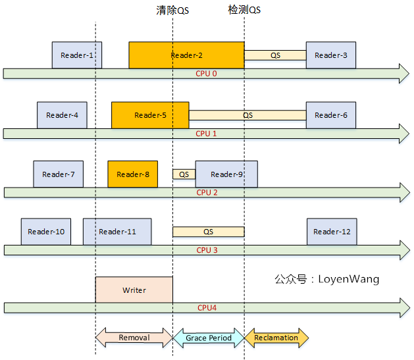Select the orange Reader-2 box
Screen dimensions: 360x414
(x=186, y=55)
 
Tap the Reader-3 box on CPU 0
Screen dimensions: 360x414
(x=331, y=55)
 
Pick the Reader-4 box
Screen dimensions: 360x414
(x=62, y=115)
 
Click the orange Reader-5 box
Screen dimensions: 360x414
(x=150, y=115)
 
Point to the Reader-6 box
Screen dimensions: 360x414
(x=331, y=115)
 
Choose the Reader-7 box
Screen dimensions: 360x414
(x=58, y=174)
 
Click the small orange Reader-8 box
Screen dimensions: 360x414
(x=132, y=174)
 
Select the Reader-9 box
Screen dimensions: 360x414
(x=226, y=174)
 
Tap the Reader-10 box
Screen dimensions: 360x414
(x=45, y=232)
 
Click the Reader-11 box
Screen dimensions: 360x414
(x=117, y=232)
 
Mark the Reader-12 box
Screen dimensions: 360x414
(x=331, y=232)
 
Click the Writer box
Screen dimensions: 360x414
(x=134, y=290)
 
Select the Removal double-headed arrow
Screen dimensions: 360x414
(x=134, y=338)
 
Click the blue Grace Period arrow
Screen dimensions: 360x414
(x=209, y=338)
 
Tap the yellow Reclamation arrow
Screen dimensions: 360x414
(x=276, y=338)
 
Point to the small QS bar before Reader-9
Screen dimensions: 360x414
(x=184, y=174)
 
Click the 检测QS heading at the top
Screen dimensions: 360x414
(x=244, y=11)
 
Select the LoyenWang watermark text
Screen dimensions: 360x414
(x=326, y=279)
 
